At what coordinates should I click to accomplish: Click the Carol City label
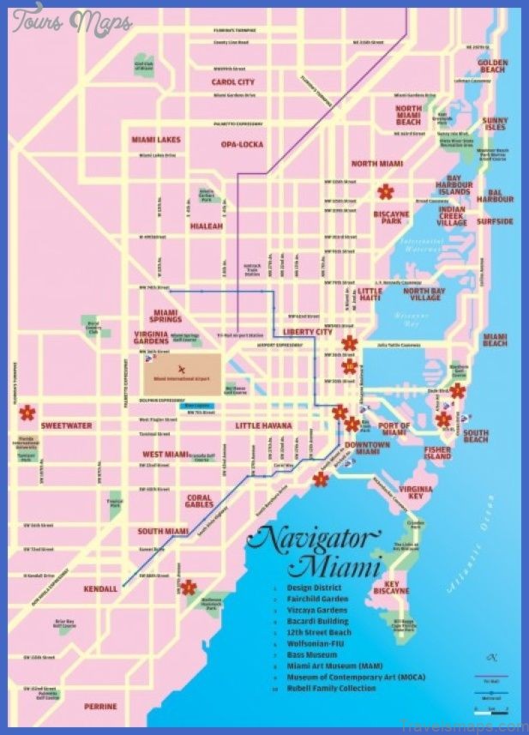[233, 82]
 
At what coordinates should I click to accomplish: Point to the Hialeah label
[206, 226]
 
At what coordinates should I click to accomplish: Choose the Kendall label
[100, 589]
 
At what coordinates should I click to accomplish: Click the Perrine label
[101, 706]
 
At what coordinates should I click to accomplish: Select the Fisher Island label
[437, 453]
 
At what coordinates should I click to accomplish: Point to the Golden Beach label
[493, 67]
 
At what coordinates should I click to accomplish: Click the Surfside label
[495, 221]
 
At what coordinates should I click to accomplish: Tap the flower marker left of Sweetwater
[27, 413]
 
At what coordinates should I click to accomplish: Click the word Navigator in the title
[312, 541]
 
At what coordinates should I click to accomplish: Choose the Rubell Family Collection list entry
[332, 688]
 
